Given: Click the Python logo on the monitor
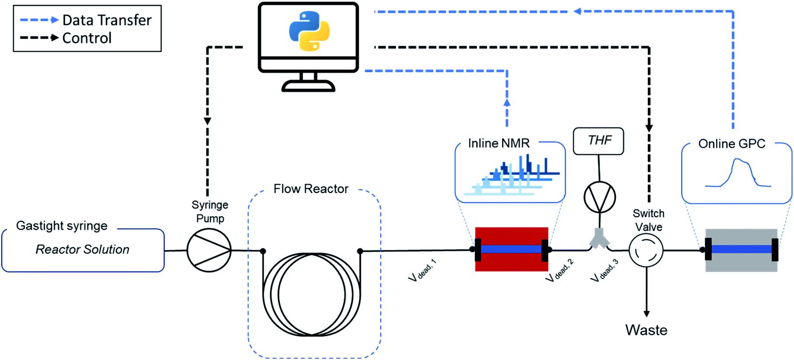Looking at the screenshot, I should click(x=309, y=31).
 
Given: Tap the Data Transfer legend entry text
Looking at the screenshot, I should click(x=107, y=20).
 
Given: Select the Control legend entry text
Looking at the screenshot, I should click(x=87, y=38).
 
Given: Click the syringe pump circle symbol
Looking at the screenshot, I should click(x=209, y=250).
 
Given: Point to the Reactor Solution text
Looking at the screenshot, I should click(x=82, y=249).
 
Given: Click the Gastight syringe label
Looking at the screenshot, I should click(x=62, y=226).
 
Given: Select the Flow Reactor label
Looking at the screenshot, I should click(x=310, y=189).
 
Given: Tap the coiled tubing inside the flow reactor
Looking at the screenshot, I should click(x=312, y=294).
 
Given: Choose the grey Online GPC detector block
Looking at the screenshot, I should click(x=741, y=262).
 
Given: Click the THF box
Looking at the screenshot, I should click(x=599, y=141).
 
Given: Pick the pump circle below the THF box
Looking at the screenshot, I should click(x=600, y=197).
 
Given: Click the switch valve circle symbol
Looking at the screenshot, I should click(x=646, y=250).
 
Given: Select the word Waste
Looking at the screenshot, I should click(x=646, y=330).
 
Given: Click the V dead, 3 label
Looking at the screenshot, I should click(x=604, y=270).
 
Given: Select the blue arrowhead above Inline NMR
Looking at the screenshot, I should click(x=507, y=102).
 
